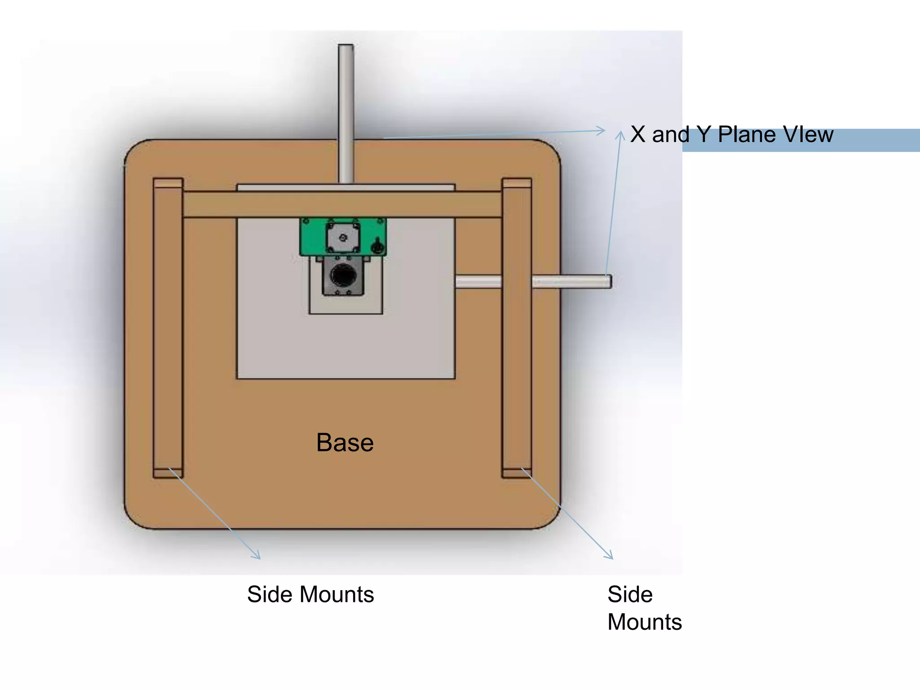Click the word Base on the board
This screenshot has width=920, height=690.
(345, 442)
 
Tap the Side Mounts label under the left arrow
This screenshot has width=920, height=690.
(310, 594)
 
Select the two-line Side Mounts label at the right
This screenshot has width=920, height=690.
(644, 608)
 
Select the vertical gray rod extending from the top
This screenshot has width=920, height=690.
(346, 112)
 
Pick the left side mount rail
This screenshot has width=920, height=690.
(168, 328)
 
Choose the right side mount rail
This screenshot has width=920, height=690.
(517, 328)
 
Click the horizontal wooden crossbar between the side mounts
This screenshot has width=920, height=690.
(341, 204)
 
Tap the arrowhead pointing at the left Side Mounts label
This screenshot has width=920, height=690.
(257, 557)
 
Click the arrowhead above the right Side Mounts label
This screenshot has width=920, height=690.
(610, 557)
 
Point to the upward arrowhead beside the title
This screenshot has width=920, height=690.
(620, 134)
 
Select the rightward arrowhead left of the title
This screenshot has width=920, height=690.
(602, 131)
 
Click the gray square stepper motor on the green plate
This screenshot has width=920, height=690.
(343, 237)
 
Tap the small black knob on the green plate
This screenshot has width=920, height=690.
(377, 246)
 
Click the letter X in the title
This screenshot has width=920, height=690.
(638, 134)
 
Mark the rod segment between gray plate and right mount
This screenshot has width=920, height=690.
(478, 282)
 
